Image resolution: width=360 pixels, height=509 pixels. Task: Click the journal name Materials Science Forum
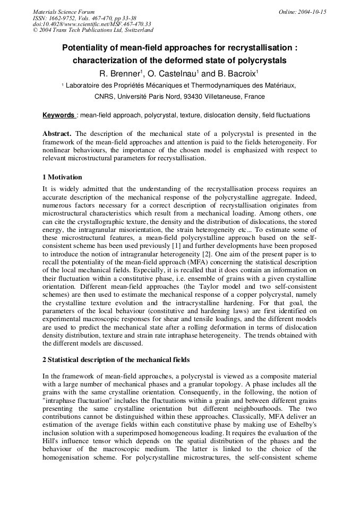(x=64, y=12)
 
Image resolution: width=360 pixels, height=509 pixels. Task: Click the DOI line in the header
(x=92, y=24)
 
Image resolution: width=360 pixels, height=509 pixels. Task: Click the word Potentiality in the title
(x=88, y=48)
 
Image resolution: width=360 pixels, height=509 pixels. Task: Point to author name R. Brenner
(x=119, y=73)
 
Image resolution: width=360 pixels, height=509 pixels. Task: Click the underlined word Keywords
(x=58, y=115)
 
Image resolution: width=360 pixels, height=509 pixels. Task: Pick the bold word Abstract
(x=57, y=134)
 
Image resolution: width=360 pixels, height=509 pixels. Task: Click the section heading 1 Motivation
(x=62, y=177)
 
